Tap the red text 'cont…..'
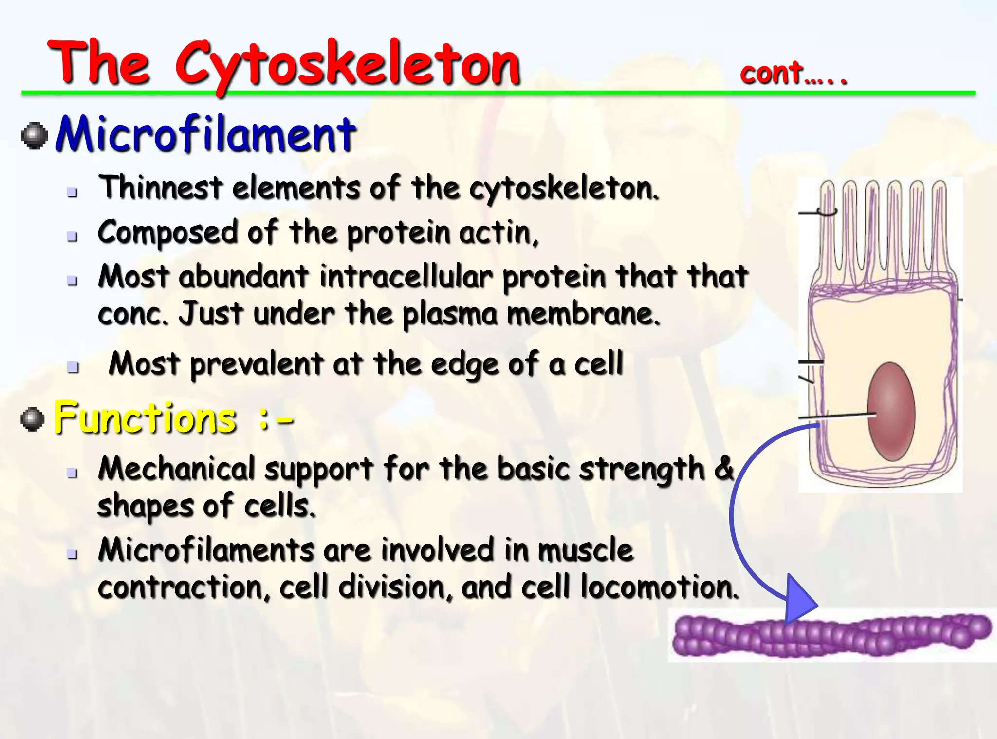(793, 74)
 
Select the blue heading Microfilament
(206, 134)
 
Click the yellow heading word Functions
(145, 418)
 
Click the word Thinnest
(161, 188)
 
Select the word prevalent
(257, 364)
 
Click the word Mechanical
(176, 469)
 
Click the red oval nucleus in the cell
(891, 412)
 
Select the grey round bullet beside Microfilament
(35, 135)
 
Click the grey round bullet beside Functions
(33, 419)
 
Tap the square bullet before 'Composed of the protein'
(73, 237)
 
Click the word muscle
(585, 550)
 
